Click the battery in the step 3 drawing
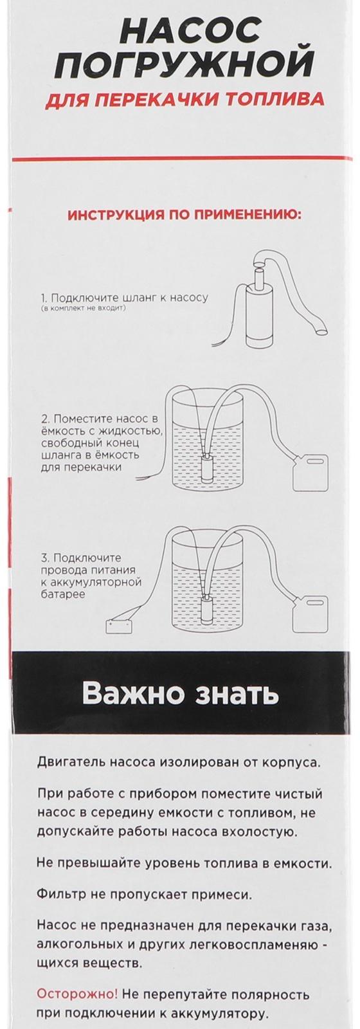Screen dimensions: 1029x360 click(122, 626)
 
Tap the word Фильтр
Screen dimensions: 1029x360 click(63, 893)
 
